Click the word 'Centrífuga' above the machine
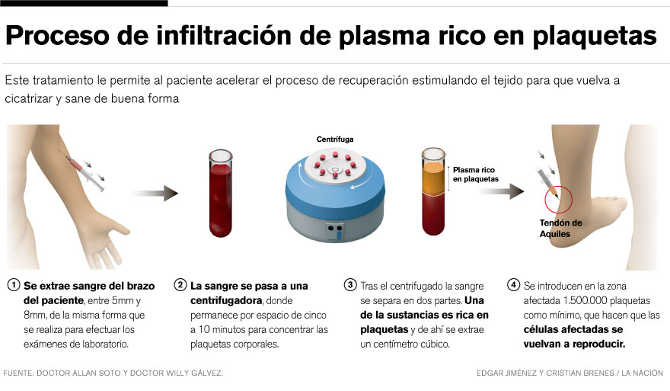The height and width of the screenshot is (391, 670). (x=336, y=139)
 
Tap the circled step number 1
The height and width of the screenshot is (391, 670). (x=13, y=286)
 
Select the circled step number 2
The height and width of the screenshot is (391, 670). (x=180, y=286)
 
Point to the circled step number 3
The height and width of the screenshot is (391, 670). (x=350, y=286)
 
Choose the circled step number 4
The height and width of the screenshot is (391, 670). (x=514, y=286)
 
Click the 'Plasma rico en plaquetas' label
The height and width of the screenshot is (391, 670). (x=476, y=175)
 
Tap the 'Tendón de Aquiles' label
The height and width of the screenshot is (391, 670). (x=560, y=228)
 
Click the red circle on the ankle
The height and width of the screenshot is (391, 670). (x=560, y=199)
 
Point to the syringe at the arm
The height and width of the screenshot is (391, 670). (x=85, y=170)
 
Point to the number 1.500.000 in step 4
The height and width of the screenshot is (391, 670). (x=594, y=300)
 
